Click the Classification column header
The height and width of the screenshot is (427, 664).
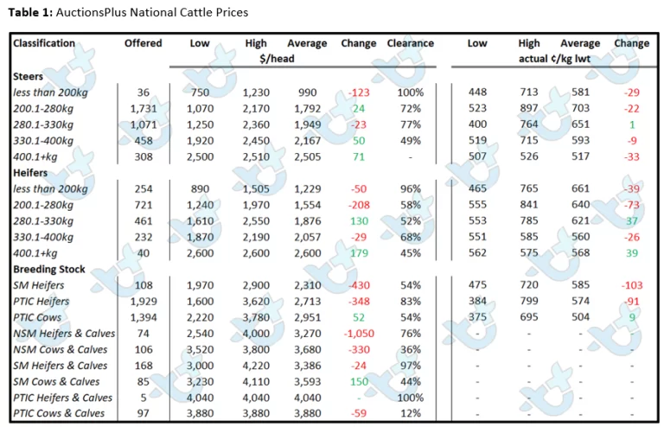point(43,43)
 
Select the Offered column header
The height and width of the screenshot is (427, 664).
point(144,43)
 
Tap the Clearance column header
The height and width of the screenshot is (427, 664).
point(411,43)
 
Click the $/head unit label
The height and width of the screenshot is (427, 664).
point(277,59)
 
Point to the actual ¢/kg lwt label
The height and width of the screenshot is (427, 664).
point(554,59)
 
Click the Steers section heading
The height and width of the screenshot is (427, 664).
point(28,76)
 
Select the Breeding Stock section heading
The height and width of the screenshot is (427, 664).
point(49,269)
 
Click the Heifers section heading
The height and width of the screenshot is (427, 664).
point(30,173)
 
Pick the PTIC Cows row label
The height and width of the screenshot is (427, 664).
point(37,317)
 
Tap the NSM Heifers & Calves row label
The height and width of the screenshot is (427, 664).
point(64,334)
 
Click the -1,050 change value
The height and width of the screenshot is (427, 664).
point(359,334)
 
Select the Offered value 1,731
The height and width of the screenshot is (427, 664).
point(144,108)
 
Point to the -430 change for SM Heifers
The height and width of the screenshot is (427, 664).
point(359,285)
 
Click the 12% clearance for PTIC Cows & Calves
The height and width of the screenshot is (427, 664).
point(411,413)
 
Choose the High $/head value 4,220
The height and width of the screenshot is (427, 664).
point(256,366)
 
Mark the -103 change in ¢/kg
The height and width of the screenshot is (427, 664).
point(632,285)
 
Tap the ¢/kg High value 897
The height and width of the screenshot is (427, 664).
point(529,108)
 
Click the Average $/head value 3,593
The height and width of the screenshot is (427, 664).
point(308,382)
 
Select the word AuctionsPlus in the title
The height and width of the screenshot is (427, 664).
point(91,12)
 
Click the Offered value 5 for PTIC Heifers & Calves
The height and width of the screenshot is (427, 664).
point(144,398)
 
